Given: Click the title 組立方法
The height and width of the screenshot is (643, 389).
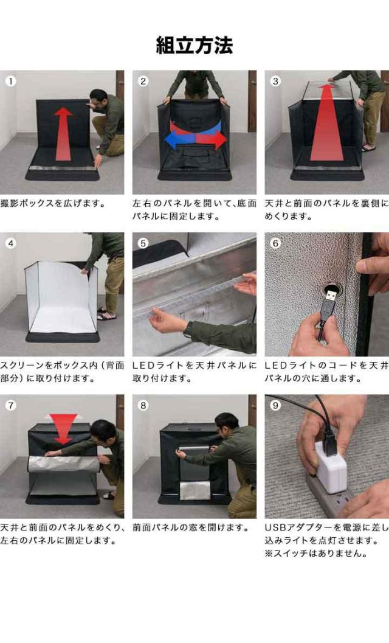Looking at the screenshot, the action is click(194, 45).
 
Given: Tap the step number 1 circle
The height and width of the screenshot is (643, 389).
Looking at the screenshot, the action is click(11, 81).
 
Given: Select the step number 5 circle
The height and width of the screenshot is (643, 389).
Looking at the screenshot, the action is click(143, 243).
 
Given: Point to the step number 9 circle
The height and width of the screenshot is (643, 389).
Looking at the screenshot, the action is click(275, 405).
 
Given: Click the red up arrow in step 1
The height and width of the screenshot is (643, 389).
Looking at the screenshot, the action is click(64, 134).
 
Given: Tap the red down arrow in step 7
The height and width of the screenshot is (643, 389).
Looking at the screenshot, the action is click(63, 429).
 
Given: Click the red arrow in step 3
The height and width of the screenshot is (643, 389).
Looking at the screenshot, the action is click(326, 122).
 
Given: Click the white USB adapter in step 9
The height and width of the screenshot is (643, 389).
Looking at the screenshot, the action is click(331, 467).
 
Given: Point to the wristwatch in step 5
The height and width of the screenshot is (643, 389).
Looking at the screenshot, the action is click(189, 329).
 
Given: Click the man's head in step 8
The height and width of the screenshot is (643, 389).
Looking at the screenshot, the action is click(227, 424).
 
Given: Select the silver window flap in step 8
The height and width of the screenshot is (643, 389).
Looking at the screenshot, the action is click(195, 490).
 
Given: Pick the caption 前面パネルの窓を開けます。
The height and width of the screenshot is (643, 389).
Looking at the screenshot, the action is click(191, 527).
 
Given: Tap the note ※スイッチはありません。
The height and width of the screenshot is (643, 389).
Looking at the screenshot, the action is click(316, 553).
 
